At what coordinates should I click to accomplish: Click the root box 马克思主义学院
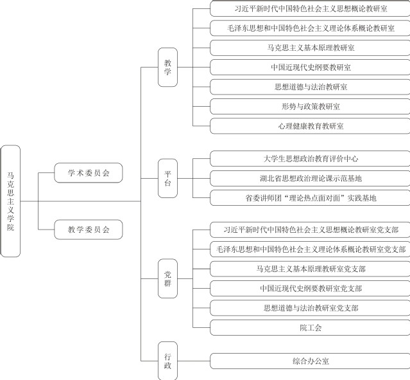pos(11,201)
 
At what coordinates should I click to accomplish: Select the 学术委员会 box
pos(89,172)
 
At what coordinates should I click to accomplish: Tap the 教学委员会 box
pos(89,228)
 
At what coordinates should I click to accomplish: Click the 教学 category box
pos(167,68)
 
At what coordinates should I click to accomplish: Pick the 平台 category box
pos(167,178)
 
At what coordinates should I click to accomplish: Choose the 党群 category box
pos(167,279)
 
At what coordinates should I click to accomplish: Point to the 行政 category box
pos(167,361)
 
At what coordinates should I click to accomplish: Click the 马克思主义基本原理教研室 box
pos(311,48)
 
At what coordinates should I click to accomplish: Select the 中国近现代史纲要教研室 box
pos(311,67)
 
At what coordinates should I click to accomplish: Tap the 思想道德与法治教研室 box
pos(311,86)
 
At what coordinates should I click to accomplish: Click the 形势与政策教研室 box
pos(311,106)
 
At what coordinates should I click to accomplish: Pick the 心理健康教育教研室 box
pos(311,126)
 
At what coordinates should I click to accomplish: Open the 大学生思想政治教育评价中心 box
pos(311,158)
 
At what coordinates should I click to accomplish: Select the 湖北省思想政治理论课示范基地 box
pos(311,178)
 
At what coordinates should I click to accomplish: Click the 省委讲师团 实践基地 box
pos(311,198)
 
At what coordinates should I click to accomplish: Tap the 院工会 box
pos(311,328)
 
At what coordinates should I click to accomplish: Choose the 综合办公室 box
pos(311,361)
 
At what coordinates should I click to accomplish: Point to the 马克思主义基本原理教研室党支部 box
pos(311,268)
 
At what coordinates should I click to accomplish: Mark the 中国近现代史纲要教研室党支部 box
pos(311,288)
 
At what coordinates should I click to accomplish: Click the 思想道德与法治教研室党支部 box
pos(311,308)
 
